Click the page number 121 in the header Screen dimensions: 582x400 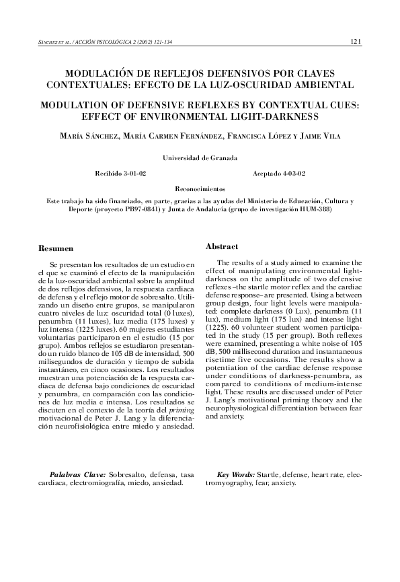(356, 41)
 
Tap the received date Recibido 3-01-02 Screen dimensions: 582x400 (122, 173)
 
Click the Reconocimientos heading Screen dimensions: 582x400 (200, 190)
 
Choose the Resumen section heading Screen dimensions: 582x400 (56, 249)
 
